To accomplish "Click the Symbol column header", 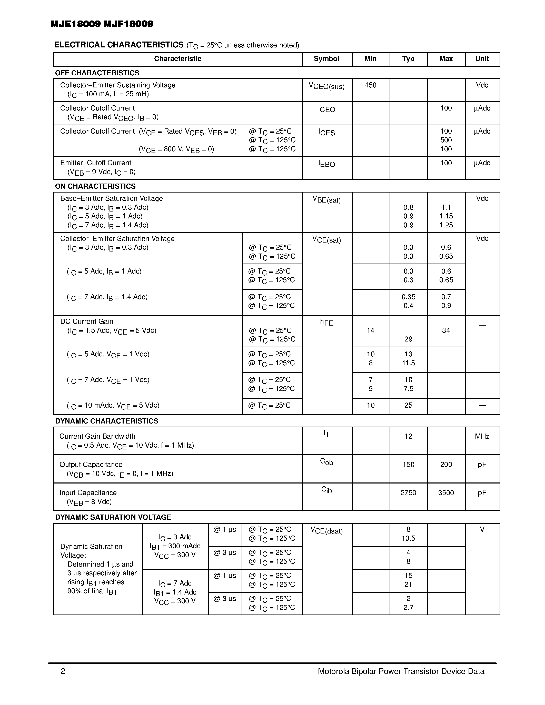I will [x=326, y=59].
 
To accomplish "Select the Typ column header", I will [x=408, y=59].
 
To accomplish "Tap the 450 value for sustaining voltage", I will [x=370, y=85].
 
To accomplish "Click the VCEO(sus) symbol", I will [x=326, y=86].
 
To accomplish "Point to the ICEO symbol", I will [x=326, y=109].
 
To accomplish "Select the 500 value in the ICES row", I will [x=446, y=140].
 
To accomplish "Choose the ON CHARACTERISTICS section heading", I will [x=95, y=186].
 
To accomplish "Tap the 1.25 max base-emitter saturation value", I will [x=446, y=225].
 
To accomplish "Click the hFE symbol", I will [x=326, y=322].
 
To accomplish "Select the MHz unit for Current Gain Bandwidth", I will [x=482, y=436].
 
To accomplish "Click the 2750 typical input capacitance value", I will [x=408, y=492].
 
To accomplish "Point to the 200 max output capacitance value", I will [x=446, y=465].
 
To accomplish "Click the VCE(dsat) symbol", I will [x=326, y=531].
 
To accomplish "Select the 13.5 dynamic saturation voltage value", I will [x=408, y=538].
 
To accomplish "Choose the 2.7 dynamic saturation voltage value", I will [x=408, y=608].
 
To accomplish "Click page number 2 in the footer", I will [x=63, y=671].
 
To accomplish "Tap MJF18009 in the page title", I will [x=128, y=24].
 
